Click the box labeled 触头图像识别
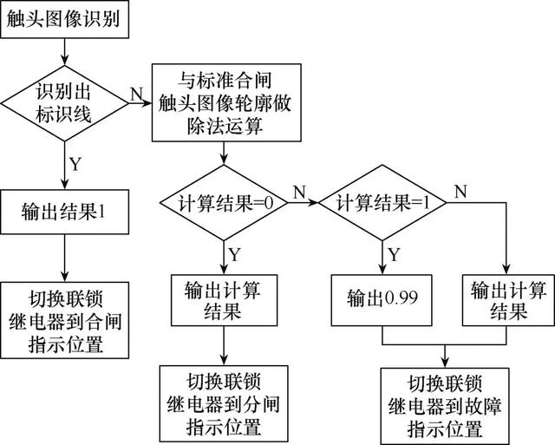pos(66,19)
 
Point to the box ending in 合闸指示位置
pos(66,318)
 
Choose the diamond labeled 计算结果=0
pos(224,205)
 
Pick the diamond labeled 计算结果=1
pos(382,205)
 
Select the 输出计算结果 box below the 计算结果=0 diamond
pos(224,298)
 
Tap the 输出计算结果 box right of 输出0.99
pos(507,298)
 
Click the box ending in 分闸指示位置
pos(224,404)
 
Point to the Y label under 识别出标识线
pos(76,164)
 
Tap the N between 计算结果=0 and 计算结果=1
pos(300,190)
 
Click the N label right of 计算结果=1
pos(460,190)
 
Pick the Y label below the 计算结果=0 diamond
pos(235,252)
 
